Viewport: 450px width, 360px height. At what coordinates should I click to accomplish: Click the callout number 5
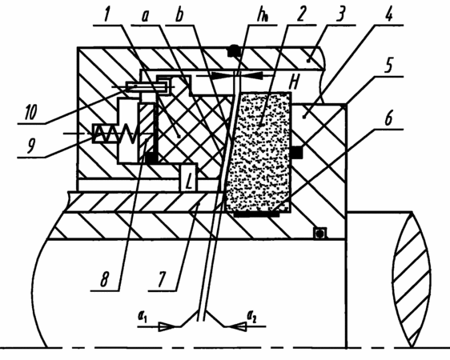click(x=388, y=66)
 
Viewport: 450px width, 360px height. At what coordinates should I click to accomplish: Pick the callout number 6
click(x=388, y=118)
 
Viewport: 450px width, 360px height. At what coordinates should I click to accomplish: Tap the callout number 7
click(x=161, y=278)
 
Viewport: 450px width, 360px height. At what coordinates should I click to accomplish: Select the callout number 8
click(x=104, y=278)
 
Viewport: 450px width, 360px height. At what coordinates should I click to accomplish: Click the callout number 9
click(x=31, y=145)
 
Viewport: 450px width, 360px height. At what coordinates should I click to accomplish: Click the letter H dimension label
click(x=294, y=82)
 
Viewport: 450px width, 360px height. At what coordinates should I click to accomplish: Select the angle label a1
click(x=143, y=317)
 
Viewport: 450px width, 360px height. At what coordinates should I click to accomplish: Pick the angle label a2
click(x=251, y=317)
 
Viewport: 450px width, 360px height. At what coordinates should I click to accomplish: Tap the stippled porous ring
click(x=259, y=152)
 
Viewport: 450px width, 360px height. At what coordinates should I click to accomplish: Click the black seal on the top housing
click(x=233, y=51)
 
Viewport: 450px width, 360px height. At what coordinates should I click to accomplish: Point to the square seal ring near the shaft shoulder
click(x=319, y=234)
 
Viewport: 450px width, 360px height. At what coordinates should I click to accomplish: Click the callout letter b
click(x=179, y=14)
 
